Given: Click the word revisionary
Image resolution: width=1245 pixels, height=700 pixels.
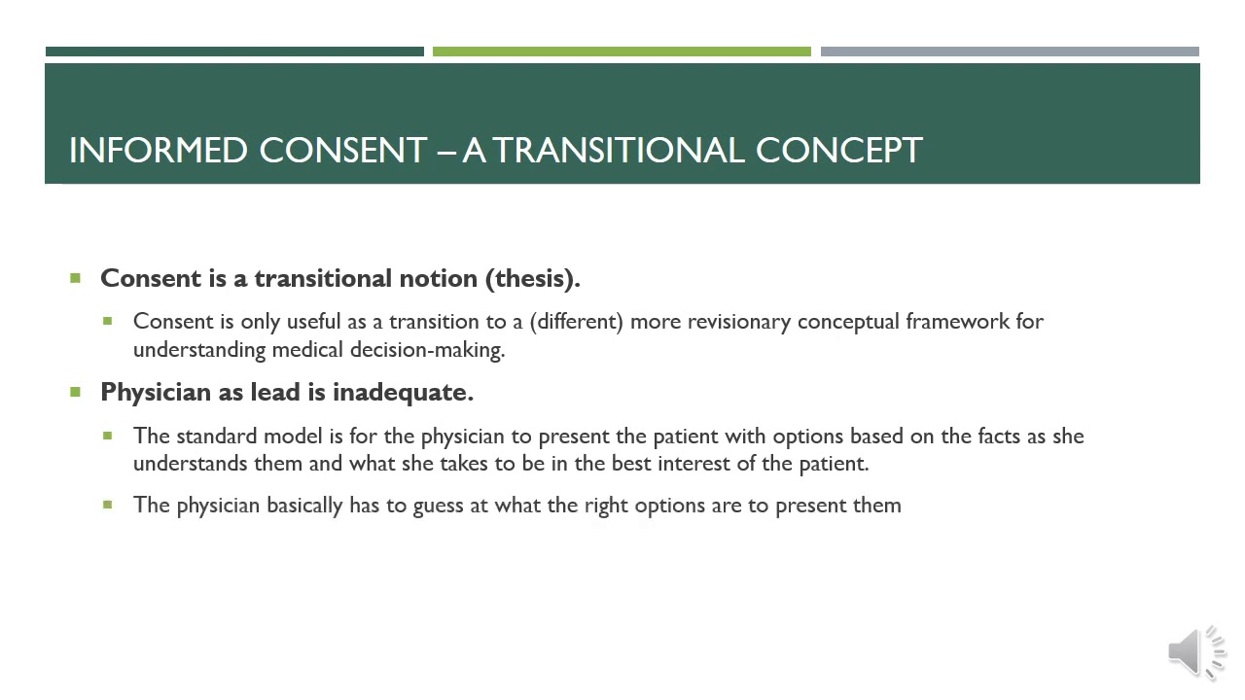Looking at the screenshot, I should click(x=739, y=322).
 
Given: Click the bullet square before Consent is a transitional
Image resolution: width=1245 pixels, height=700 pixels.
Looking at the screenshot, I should click(x=76, y=279).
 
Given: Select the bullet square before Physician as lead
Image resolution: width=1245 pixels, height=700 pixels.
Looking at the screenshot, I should click(x=76, y=392).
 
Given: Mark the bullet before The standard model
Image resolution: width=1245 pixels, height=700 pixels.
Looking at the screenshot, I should click(x=108, y=436).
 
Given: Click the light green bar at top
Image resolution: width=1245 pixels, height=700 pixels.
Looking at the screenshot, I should click(x=622, y=52).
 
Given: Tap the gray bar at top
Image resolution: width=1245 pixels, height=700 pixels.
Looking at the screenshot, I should click(x=1010, y=52).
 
